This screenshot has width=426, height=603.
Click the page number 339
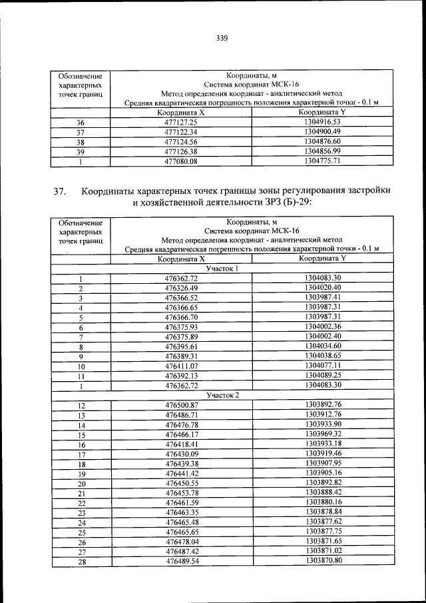pos(222,38)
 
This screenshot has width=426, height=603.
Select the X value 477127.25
pos(182,123)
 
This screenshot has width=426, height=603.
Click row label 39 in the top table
pos(81,151)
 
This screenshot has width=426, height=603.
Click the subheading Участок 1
pos(222,269)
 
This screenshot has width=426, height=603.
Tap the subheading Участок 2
pos(222,394)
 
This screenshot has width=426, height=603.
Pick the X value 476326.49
pos(182,288)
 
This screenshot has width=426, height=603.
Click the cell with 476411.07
pos(182,366)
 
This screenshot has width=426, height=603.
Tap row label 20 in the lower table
pos(81,484)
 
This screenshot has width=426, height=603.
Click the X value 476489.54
pos(182,562)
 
